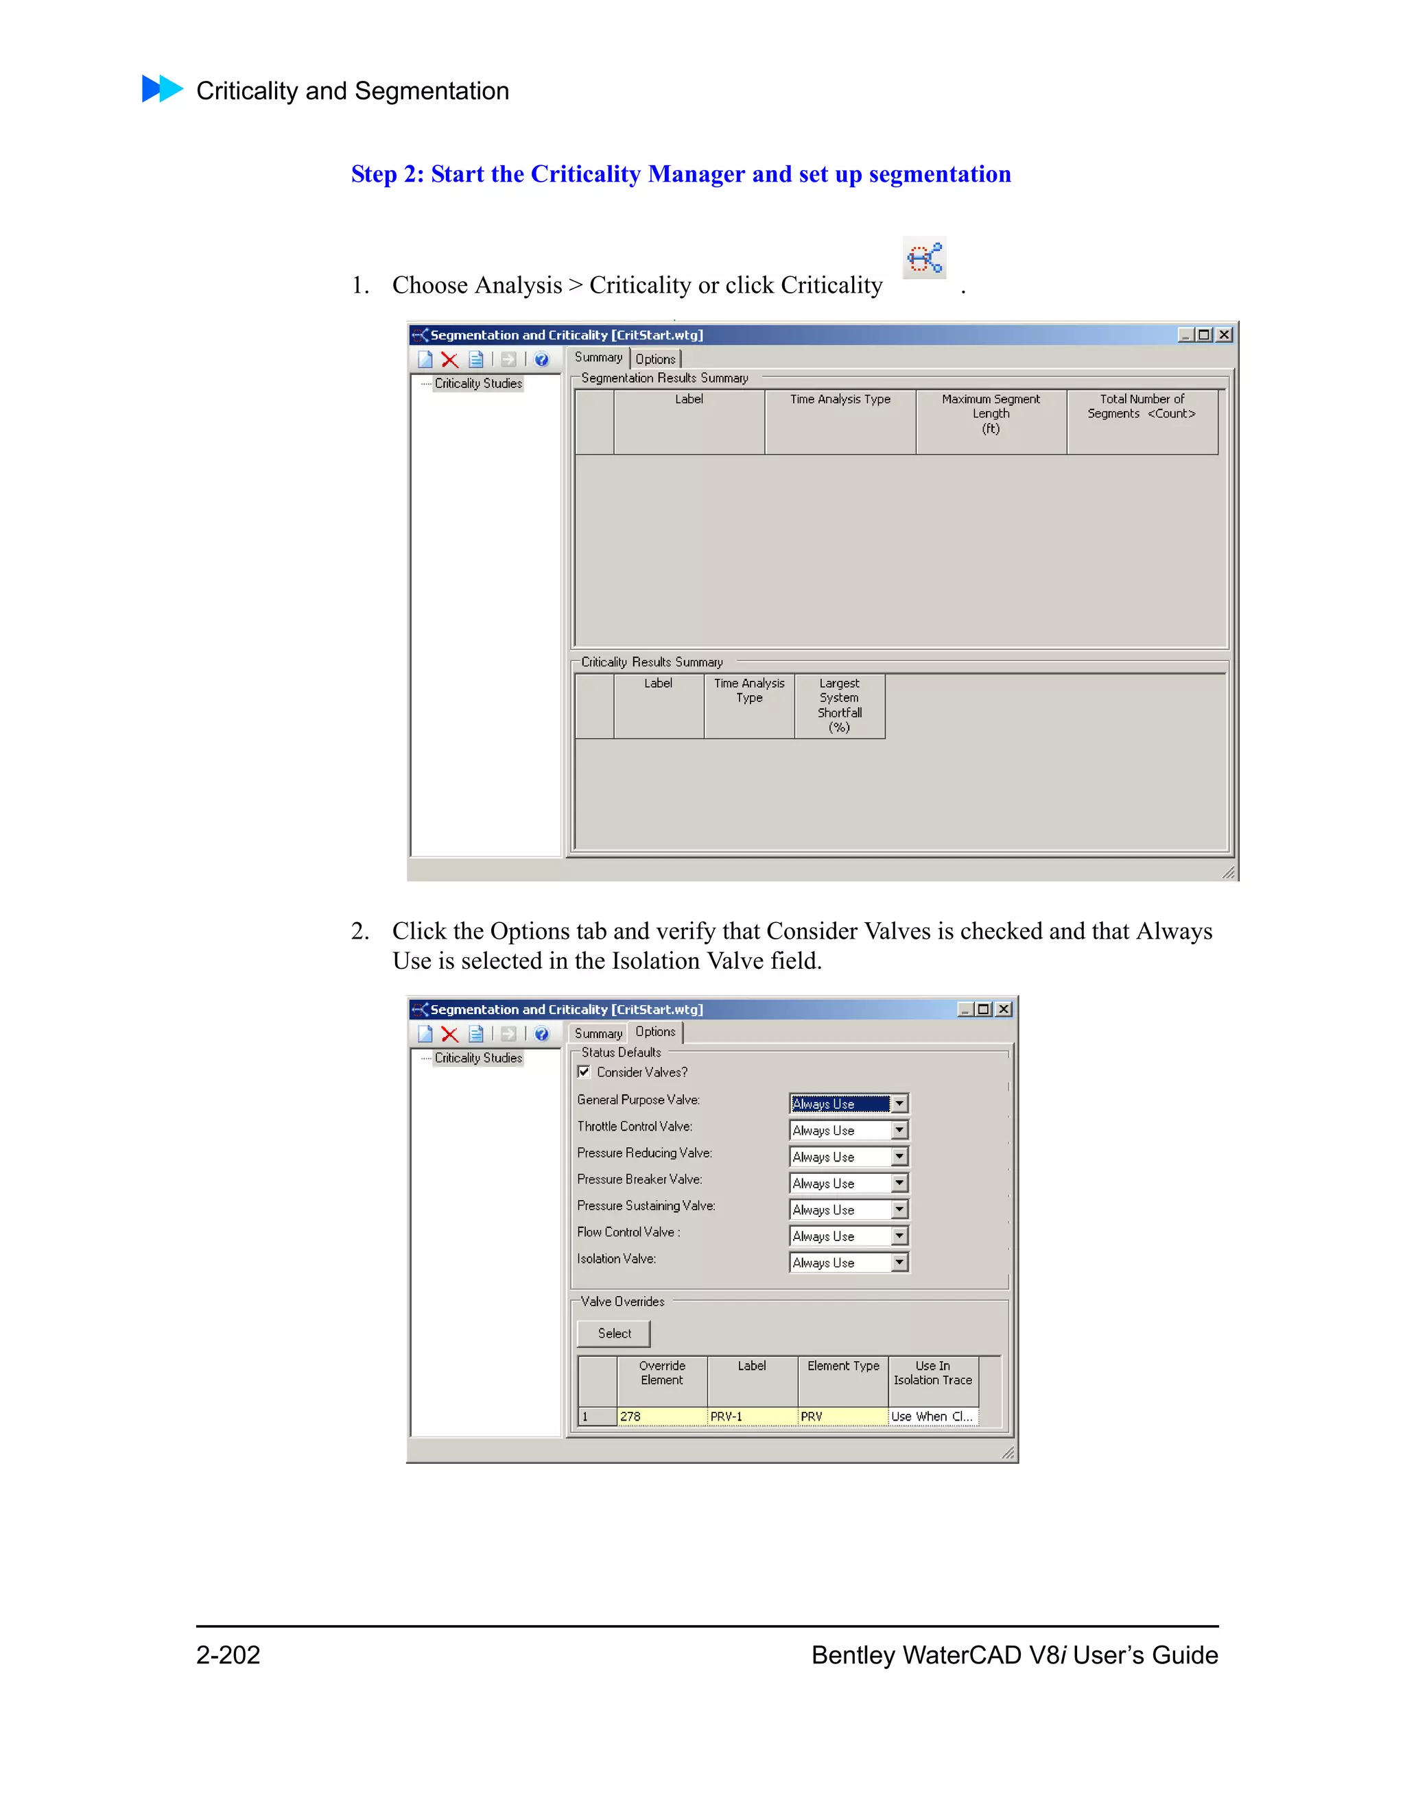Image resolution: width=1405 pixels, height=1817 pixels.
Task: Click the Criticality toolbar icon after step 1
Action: coord(924,258)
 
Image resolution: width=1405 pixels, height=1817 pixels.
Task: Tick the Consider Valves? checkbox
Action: coord(585,1072)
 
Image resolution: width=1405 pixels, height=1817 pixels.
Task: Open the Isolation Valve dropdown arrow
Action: coord(899,1262)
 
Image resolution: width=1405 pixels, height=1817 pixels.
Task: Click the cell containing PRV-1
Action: coord(752,1416)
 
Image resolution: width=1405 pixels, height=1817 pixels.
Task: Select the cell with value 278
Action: coord(662,1416)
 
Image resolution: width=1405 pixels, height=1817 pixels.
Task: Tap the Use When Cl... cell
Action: coord(932,1416)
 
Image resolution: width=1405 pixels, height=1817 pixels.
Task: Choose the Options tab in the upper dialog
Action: coord(656,359)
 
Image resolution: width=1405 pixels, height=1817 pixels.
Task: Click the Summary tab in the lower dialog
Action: coord(598,1033)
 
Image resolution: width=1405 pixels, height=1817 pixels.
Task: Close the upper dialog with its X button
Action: coord(1224,335)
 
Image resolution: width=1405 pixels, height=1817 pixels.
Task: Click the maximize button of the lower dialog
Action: coord(983,1009)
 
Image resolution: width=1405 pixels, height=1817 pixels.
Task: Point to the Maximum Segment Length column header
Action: coord(991,413)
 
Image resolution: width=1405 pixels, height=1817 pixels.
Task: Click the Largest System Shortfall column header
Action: coord(839,706)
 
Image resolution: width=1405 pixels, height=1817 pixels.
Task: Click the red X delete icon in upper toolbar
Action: coord(449,360)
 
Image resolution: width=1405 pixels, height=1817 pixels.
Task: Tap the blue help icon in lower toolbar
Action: coord(542,1034)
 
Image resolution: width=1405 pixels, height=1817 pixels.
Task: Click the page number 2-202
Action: coord(228,1654)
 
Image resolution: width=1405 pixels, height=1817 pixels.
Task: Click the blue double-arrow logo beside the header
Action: coord(163,88)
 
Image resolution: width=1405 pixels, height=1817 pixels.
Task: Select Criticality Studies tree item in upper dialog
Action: coord(477,383)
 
